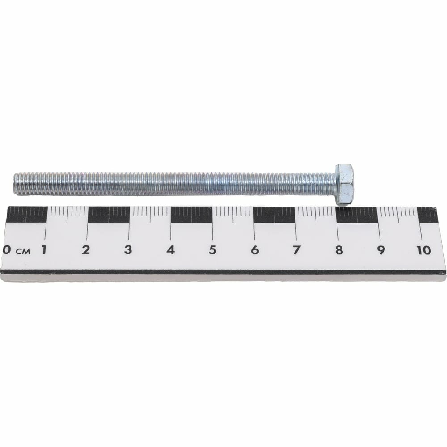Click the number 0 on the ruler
[6, 250]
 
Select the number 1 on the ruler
[44, 250]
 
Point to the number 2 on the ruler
[86, 250]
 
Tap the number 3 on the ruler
[128, 250]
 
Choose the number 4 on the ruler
[170, 250]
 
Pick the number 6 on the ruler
[255, 250]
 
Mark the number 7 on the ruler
[297, 250]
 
